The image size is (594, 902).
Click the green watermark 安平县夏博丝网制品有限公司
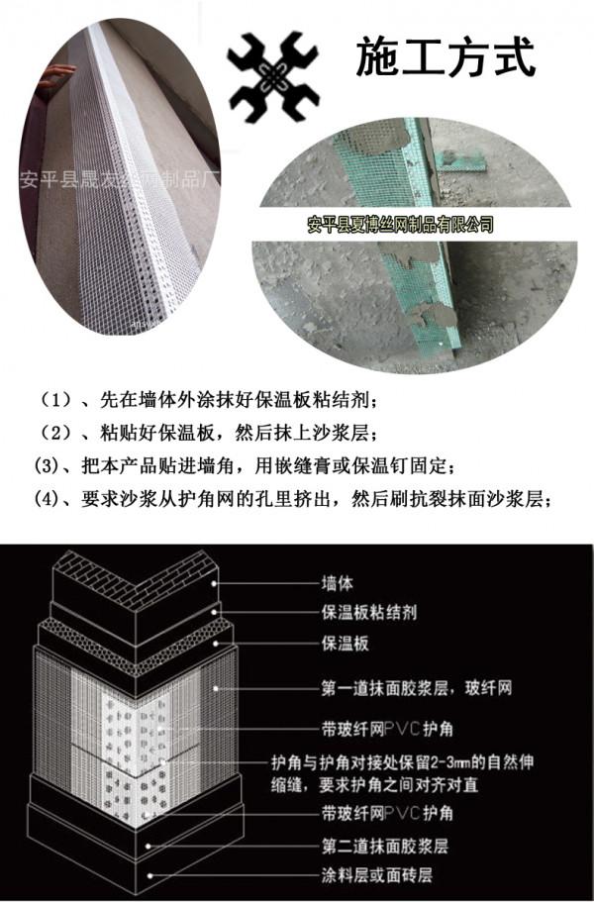click(x=400, y=226)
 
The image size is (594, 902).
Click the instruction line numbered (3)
click(x=247, y=465)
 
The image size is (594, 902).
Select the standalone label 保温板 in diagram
click(x=346, y=645)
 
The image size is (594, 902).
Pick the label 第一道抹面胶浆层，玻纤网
click(x=415, y=687)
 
